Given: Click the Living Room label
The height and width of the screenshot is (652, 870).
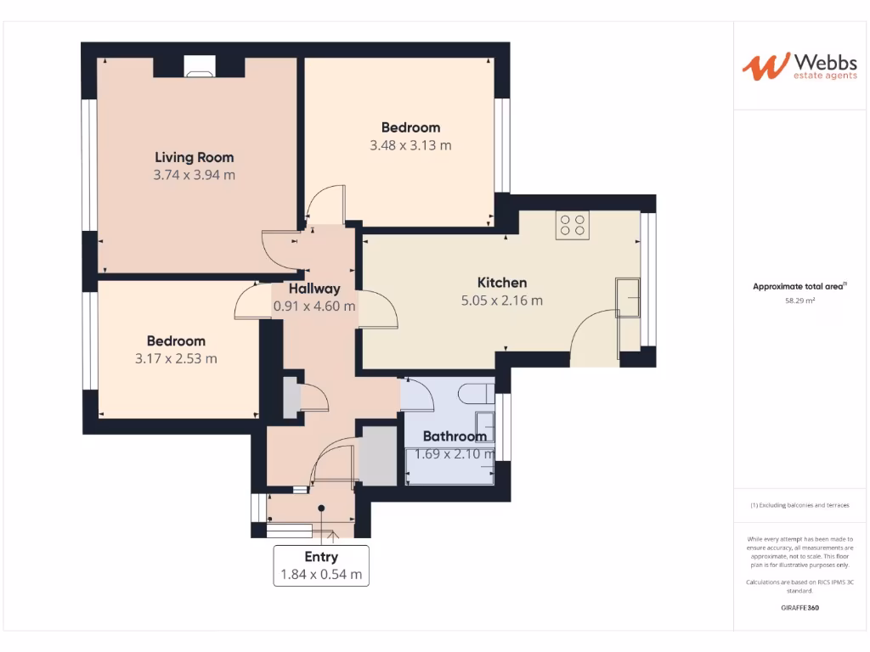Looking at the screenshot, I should (194, 157).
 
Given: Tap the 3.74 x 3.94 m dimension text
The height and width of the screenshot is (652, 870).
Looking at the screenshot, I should (194, 176).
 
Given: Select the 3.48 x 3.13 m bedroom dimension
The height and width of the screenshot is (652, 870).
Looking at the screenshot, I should (410, 145).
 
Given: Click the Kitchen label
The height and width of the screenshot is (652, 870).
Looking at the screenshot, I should (501, 283).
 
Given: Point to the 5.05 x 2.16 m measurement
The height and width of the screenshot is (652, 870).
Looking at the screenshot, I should (501, 301).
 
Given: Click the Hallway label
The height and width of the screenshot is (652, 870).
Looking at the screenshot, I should (314, 289).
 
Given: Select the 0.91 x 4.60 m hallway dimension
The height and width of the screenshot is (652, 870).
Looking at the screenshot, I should (314, 306).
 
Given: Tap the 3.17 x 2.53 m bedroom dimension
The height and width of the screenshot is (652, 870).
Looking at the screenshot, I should (176, 358).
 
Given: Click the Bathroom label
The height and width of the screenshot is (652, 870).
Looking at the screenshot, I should (455, 436).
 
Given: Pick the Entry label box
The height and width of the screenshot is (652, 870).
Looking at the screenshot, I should (321, 565).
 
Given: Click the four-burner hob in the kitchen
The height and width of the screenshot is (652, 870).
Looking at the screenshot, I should (572, 225).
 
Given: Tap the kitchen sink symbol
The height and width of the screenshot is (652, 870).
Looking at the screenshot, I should (629, 297).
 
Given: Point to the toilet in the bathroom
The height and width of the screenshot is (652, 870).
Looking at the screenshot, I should (474, 393).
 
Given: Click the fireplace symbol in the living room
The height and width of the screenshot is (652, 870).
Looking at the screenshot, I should (201, 68).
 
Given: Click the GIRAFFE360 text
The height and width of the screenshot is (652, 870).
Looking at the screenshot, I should (799, 608).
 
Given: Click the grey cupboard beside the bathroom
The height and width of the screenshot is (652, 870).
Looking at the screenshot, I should (378, 457).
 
